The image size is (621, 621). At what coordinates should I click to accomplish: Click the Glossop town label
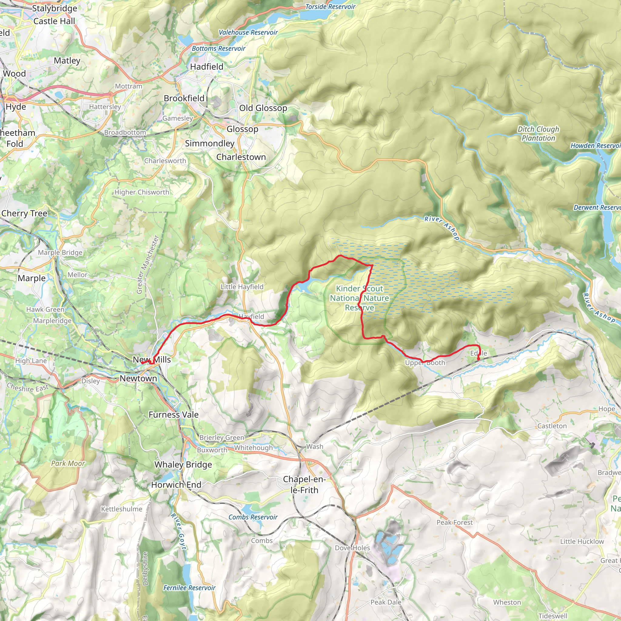242,129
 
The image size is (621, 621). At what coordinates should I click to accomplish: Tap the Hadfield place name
207,66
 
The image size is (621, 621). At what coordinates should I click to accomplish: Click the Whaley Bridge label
183,465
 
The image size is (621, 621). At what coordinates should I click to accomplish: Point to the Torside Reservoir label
330,7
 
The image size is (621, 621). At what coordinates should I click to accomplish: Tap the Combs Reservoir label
253,517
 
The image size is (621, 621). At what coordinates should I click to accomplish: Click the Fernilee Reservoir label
189,588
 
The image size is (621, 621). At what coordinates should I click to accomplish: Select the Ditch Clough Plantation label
538,133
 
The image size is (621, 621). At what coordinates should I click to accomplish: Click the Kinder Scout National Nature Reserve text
359,298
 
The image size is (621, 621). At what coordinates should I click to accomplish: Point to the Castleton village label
552,426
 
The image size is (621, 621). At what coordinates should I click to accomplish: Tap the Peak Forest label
455,522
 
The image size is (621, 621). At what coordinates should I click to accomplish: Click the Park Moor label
68,463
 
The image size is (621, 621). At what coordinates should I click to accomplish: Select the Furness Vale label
173,415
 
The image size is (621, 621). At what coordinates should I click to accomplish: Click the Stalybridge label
55,8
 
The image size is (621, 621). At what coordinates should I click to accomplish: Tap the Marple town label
32,278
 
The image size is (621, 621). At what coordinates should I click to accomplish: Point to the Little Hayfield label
242,287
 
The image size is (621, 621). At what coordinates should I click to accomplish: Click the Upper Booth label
425,363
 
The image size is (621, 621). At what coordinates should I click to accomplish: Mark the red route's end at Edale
478,359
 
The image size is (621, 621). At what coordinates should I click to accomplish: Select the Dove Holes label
352,548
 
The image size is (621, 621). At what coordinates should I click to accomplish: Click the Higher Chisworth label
142,192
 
